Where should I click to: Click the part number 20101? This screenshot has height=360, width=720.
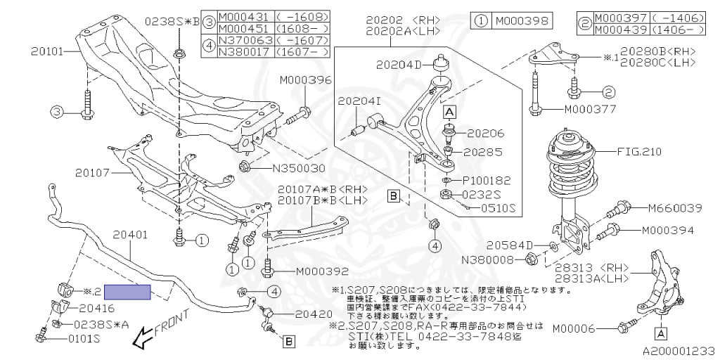pyautogui.click(x=48, y=51)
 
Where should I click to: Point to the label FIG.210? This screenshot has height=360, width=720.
pyautogui.click(x=640, y=151)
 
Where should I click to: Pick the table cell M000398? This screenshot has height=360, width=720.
pyautogui.click(x=522, y=20)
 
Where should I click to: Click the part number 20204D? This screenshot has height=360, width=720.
pyautogui.click(x=398, y=65)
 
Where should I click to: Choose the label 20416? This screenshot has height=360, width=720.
pyautogui.click(x=96, y=307)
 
